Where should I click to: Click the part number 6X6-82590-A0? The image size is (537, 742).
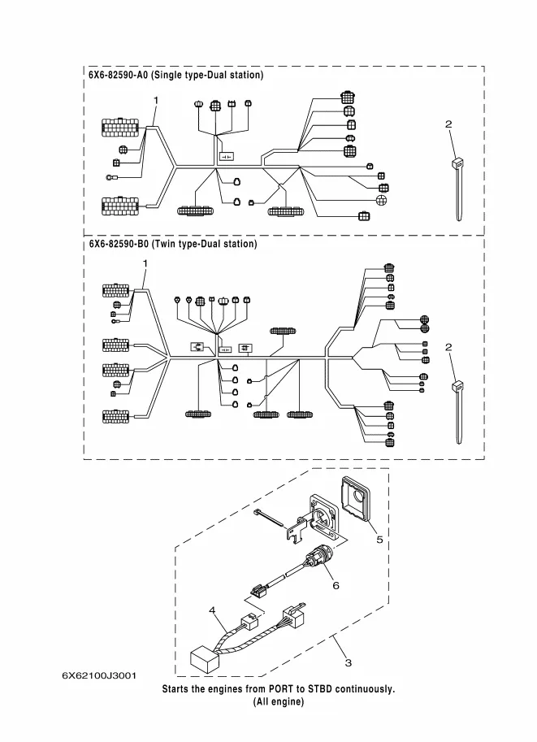tap(119, 76)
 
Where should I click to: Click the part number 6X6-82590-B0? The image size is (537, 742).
tap(119, 244)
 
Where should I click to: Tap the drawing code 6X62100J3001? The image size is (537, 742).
tap(99, 675)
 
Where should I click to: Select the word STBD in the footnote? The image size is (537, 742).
tap(320, 688)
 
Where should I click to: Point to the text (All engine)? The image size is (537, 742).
tap(279, 701)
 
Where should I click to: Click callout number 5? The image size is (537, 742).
tap(379, 540)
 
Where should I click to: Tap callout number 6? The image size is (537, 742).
tap(336, 585)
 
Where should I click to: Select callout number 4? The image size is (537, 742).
tap(212, 610)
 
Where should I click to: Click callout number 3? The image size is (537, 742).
tap(349, 663)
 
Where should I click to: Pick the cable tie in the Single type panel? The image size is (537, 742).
tap(457, 189)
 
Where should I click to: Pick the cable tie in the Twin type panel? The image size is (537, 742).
tap(457, 412)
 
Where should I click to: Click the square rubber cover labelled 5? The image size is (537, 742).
tap(357, 497)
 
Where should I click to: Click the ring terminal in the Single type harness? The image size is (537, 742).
tap(110, 177)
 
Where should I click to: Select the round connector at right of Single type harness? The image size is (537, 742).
tap(381, 200)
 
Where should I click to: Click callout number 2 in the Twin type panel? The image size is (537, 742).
tap(448, 347)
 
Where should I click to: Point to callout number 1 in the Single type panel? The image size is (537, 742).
tap(156, 100)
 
